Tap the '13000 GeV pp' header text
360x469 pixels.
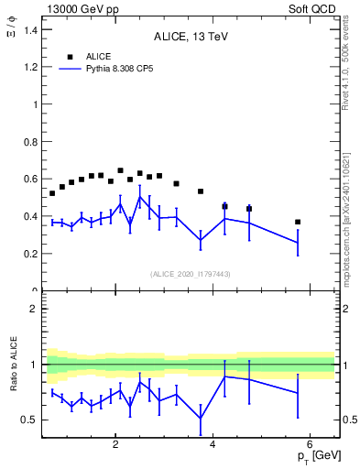[78, 8]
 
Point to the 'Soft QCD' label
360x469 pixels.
[313, 8]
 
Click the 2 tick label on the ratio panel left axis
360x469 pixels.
[33, 309]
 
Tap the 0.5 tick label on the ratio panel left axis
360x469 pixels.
[30, 420]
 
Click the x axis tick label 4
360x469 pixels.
[213, 445]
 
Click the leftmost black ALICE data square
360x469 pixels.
[52, 193]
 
